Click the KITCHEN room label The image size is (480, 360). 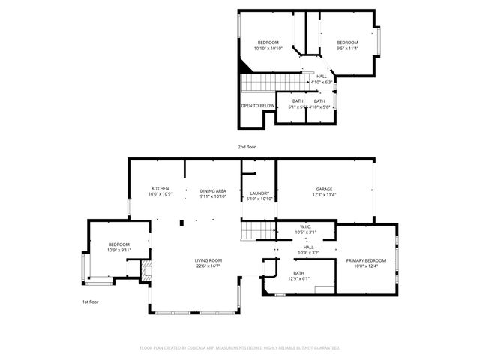(160, 188)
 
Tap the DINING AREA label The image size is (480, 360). (213, 191)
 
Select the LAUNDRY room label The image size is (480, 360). (259, 193)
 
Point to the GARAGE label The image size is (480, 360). (324, 189)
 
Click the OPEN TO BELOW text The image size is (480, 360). (257, 106)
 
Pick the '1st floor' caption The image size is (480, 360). (91, 301)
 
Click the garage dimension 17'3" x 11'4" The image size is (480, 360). (324, 195)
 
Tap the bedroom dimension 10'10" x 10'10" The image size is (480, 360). (268, 49)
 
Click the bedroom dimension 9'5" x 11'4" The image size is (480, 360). (347, 49)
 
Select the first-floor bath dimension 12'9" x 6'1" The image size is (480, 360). (298, 278)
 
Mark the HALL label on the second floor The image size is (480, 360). (322, 76)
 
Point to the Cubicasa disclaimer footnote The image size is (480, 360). (240, 348)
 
